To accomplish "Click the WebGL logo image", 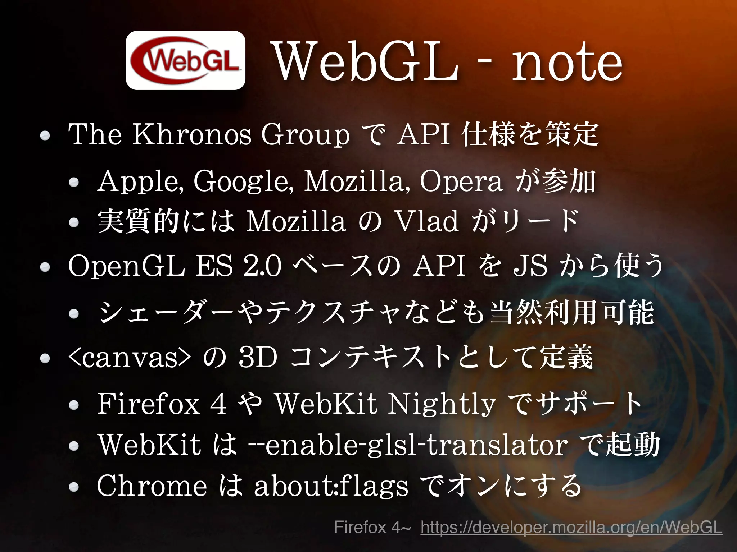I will pos(185,60).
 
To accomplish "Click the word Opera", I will pos(461,182).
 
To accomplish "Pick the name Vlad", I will pos(426,221).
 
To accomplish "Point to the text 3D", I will pos(258,358).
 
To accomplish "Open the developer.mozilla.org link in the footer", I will pos(571,528).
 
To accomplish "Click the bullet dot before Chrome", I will pos(74,487).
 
